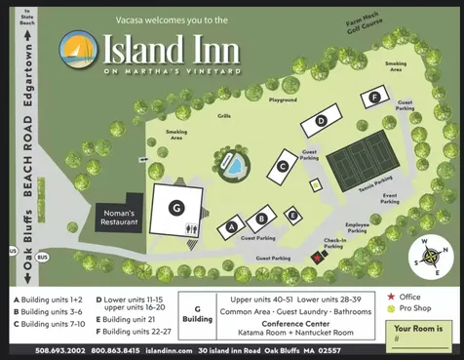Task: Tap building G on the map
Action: [x=176, y=207]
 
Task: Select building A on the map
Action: [x=232, y=225]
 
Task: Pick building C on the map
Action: [x=283, y=165]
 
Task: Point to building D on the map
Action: [x=321, y=121]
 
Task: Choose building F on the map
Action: [x=374, y=97]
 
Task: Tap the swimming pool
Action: [x=235, y=166]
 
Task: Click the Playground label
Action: [x=283, y=100]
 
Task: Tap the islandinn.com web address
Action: [x=154, y=350]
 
